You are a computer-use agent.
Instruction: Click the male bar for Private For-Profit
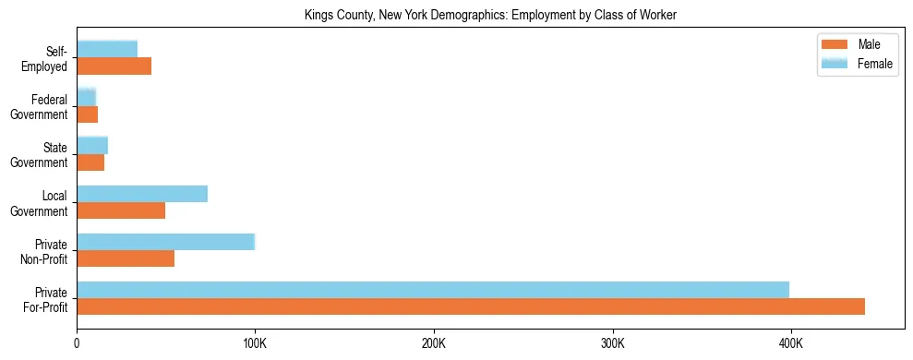(x=471, y=306)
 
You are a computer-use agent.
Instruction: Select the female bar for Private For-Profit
(x=433, y=290)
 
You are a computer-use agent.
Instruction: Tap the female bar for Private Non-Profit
(x=165, y=242)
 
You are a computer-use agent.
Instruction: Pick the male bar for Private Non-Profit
(x=126, y=258)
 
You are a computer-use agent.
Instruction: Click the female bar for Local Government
(x=142, y=194)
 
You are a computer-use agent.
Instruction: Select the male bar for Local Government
(x=121, y=210)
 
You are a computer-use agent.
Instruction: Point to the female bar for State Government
(x=92, y=145)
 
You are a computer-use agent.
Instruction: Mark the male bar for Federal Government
(x=87, y=114)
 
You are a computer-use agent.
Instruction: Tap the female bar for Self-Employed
(x=107, y=49)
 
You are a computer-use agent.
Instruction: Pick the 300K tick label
(x=612, y=342)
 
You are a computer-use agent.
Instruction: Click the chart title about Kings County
(x=490, y=15)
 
